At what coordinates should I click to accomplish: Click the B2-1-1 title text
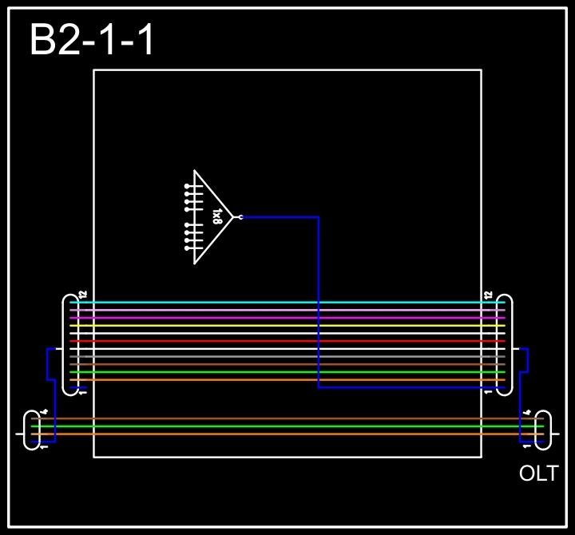tap(92, 40)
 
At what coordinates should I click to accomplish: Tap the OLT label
tap(538, 474)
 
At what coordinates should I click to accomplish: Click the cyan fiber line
tap(287, 303)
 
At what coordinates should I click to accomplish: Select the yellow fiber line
tap(287, 326)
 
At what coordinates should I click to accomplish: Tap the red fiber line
tap(287, 341)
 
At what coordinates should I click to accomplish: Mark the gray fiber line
tap(287, 357)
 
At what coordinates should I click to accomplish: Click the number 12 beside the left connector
tap(82, 295)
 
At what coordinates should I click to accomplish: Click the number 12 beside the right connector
tap(489, 295)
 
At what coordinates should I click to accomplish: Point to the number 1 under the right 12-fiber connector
tap(489, 392)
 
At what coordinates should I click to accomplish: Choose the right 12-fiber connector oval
tap(504, 344)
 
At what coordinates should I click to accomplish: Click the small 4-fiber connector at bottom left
tap(32, 430)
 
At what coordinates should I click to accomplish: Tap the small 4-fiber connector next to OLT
tap(543, 430)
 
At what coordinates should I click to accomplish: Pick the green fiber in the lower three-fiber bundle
tap(287, 426)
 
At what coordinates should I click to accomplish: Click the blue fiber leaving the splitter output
tap(319, 303)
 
